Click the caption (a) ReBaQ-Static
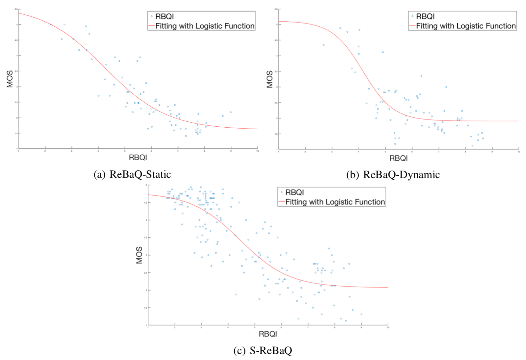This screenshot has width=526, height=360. pyautogui.click(x=132, y=174)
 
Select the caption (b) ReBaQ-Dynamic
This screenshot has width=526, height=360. pyautogui.click(x=393, y=175)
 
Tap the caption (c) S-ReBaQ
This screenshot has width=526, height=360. pyautogui.click(x=263, y=350)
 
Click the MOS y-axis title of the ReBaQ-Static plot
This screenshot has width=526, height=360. pyautogui.click(x=10, y=79)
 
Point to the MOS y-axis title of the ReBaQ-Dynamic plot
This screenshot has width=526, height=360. pyautogui.click(x=270, y=79)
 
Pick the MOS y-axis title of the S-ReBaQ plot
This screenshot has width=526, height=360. pyautogui.click(x=139, y=255)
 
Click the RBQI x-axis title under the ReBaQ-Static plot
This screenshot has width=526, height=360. pyautogui.click(x=138, y=157)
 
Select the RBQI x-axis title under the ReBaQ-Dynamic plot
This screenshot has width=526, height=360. pyautogui.click(x=398, y=158)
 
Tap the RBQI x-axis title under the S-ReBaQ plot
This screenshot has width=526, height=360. pyautogui.click(x=268, y=334)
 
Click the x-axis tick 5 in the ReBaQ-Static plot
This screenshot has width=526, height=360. pyautogui.click(x=125, y=151)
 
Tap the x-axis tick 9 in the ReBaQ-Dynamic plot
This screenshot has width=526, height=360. pyautogui.click(x=492, y=152)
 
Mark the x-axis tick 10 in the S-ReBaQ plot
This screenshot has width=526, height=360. pyautogui.click(x=388, y=327)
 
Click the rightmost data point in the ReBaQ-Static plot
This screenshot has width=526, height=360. pyautogui.click(x=231, y=112)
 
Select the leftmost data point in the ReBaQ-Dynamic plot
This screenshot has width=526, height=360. pyautogui.click(x=323, y=45)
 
